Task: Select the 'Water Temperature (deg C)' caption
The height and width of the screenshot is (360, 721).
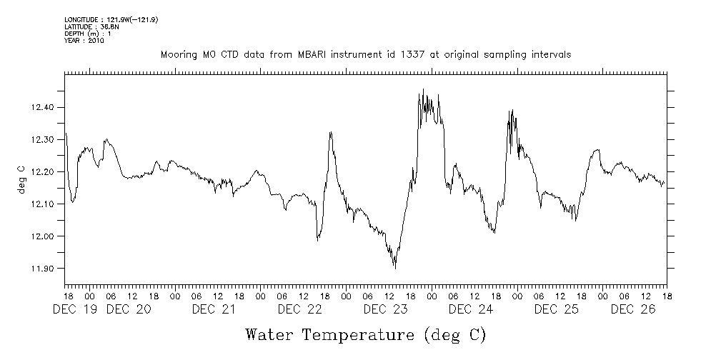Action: click(x=365, y=334)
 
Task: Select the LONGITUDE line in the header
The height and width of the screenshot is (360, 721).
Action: click(x=111, y=19)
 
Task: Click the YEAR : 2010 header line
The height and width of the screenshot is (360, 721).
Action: click(x=84, y=41)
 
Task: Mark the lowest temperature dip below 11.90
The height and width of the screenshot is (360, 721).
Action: click(x=395, y=268)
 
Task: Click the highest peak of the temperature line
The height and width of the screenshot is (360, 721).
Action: click(x=423, y=89)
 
